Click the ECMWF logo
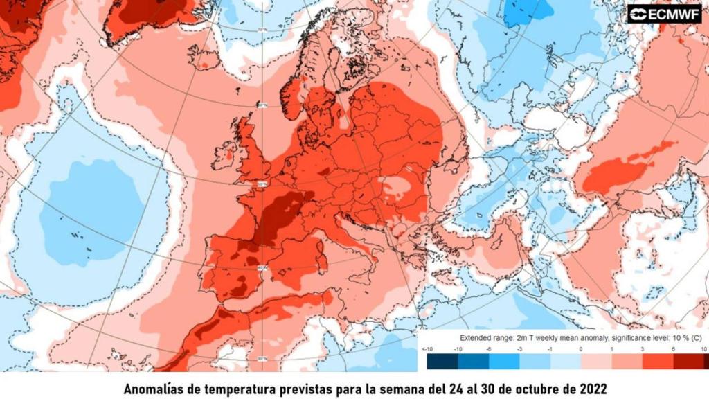pyautogui.click(x=664, y=13)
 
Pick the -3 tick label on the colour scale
pyautogui.click(x=519, y=349)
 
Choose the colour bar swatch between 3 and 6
pyautogui.click(x=658, y=361)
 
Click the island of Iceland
pyautogui.click(x=204, y=56)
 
